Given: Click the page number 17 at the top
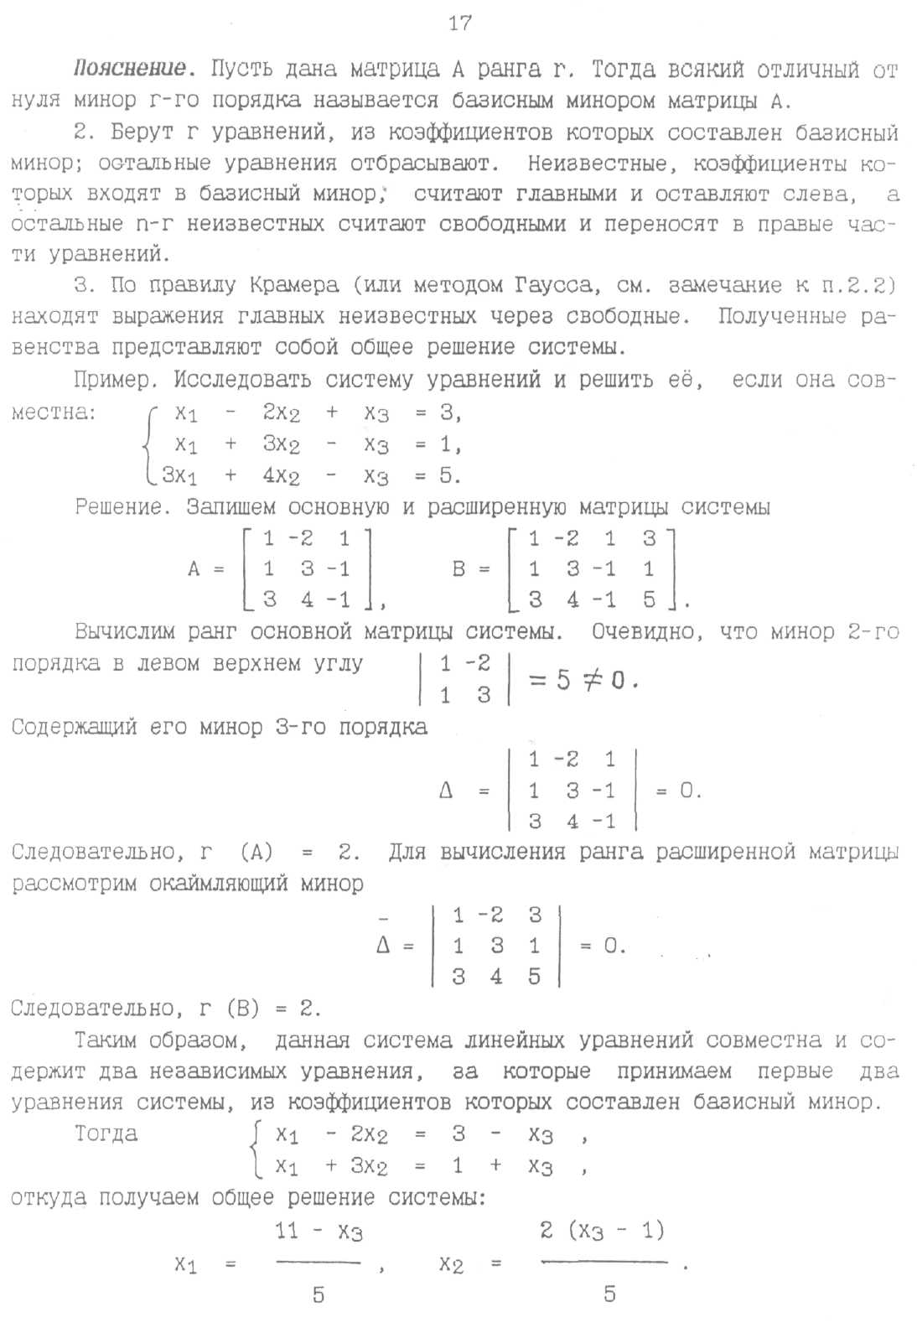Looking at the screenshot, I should pos(459,23).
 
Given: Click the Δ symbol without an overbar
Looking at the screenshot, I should pos(446,791).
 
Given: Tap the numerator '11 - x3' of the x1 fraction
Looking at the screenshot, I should pos(319,1232).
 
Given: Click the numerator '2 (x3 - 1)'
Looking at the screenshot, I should pos(602,1231).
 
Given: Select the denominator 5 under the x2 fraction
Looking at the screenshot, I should pos(609,1294).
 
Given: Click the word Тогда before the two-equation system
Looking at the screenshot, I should pos(106,1134).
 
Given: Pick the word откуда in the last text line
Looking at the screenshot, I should pos(49,1197).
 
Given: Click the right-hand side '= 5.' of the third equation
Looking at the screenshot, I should pos(438,475).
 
